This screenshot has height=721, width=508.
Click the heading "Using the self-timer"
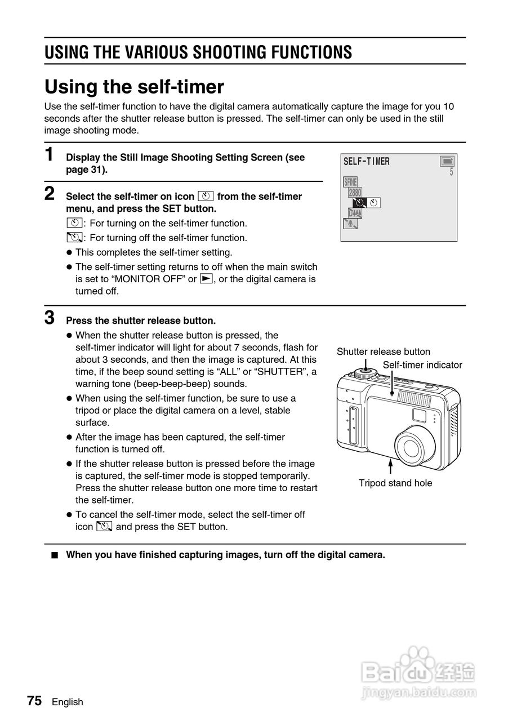coord(134,87)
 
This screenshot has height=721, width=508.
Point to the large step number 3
coord(50,318)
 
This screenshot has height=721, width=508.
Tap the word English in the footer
coord(68,702)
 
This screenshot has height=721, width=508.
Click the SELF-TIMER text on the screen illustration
coord(366,162)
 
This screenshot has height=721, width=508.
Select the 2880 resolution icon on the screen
coord(355,193)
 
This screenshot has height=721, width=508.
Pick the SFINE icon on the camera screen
coord(350,182)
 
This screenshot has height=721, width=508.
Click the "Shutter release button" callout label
coord(383,351)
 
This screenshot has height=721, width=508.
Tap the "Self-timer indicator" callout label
coord(422,365)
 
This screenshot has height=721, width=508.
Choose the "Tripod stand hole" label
coord(395,483)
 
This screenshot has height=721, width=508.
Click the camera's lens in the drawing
coord(412,447)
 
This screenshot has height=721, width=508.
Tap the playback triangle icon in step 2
coord(206,279)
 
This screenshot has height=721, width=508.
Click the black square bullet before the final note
coord(55,555)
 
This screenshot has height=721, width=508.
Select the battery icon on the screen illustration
coord(447,161)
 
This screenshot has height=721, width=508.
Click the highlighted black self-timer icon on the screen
coord(359,203)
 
